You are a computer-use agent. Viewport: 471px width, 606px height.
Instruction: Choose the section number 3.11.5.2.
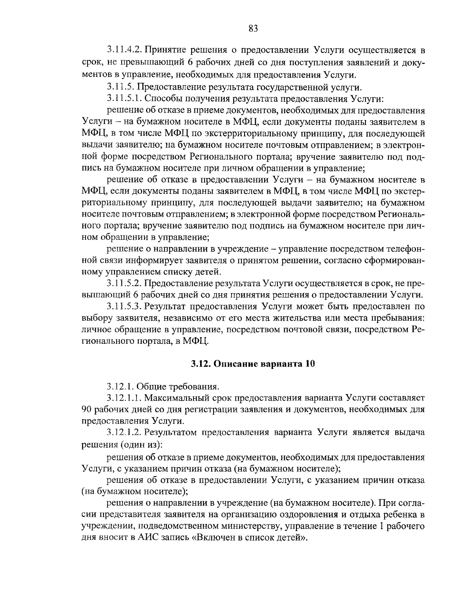[x=123, y=283]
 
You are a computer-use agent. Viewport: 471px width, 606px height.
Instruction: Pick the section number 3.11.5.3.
[x=123, y=306]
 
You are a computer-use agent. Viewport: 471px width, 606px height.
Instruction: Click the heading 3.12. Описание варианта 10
[x=253, y=363]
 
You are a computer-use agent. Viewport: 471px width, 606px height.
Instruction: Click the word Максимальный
[x=177, y=398]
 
